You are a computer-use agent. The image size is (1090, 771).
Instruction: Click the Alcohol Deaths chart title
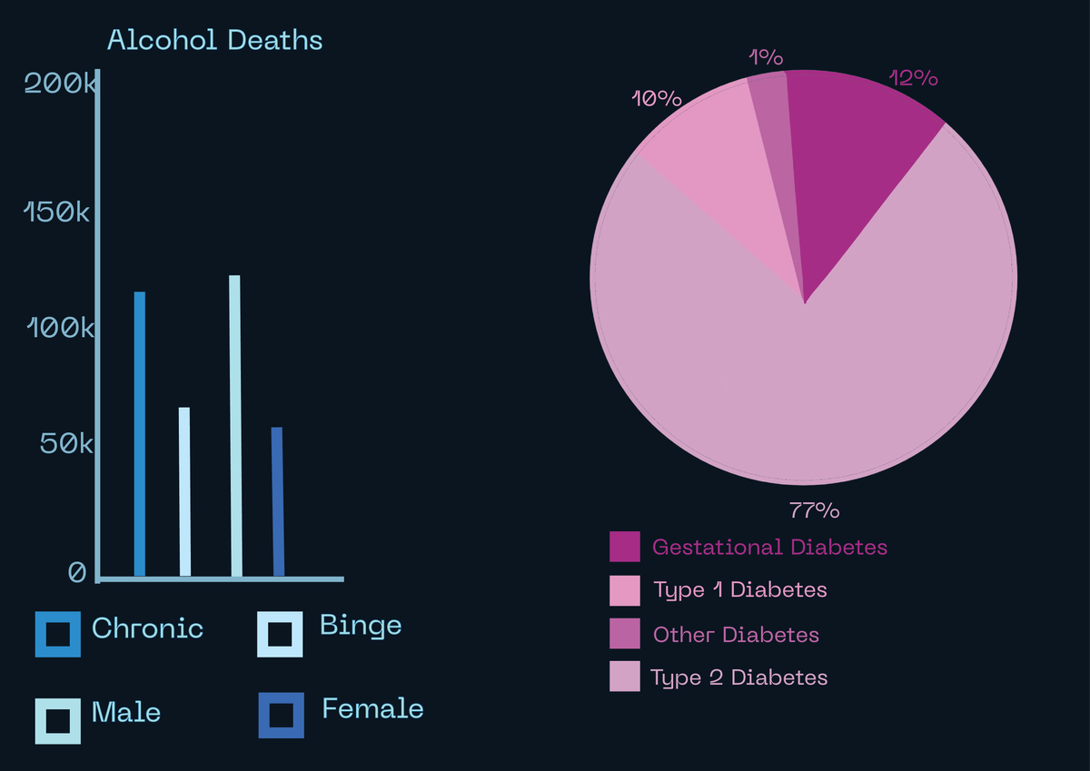point(214,41)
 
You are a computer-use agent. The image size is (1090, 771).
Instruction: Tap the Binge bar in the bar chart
point(184,490)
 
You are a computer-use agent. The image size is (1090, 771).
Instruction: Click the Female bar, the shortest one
point(278,500)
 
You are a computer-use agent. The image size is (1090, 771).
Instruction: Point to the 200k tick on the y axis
point(58,84)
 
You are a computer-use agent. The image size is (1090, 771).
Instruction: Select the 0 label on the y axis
point(77,573)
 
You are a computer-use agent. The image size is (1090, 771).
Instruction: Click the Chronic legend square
point(57,633)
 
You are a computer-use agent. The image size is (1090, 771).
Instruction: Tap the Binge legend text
point(361,626)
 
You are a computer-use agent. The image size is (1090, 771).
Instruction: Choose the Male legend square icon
point(57,721)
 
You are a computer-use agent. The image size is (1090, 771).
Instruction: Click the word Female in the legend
point(372,708)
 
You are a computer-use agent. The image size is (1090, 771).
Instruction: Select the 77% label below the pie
point(814,510)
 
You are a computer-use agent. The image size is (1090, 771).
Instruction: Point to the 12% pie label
point(913,78)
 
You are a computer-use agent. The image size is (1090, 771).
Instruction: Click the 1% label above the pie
point(766,57)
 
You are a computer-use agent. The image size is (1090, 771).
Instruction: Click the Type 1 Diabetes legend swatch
point(624,590)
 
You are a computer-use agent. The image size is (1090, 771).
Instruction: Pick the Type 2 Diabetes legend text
point(738,677)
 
